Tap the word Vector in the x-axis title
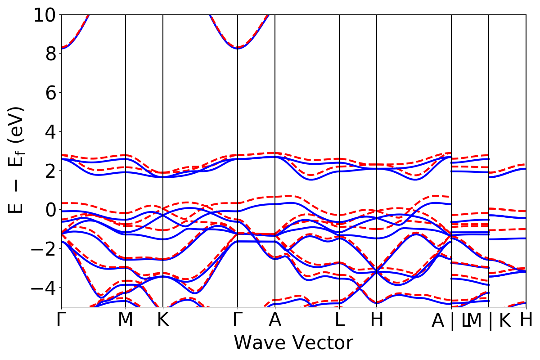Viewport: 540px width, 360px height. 324,343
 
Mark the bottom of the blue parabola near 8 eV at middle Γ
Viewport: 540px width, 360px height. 238,48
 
